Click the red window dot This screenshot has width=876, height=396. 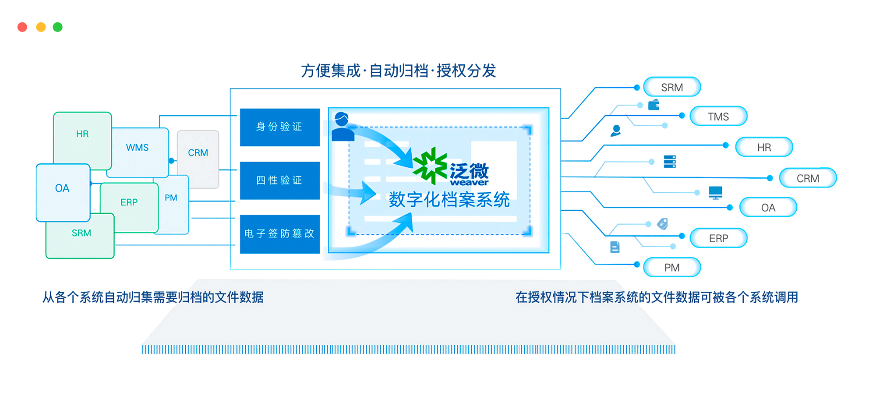pyautogui.click(x=22, y=27)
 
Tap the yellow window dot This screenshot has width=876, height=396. pyautogui.click(x=41, y=27)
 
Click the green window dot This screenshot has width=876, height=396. pyautogui.click(x=58, y=27)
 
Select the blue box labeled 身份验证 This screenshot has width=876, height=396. pyautogui.click(x=279, y=127)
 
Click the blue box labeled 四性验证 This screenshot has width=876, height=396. pyautogui.click(x=279, y=180)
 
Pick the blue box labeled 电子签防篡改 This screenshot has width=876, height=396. pyautogui.click(x=279, y=234)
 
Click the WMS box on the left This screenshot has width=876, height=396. pyautogui.click(x=138, y=148)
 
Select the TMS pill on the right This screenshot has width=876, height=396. pyautogui.click(x=718, y=117)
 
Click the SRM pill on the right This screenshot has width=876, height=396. pyautogui.click(x=672, y=87)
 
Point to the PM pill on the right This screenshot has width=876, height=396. pyautogui.click(x=672, y=268)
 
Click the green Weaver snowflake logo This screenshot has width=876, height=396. pyautogui.click(x=430, y=166)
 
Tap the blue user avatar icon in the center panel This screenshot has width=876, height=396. pyautogui.click(x=343, y=127)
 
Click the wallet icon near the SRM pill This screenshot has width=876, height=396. pyautogui.click(x=654, y=105)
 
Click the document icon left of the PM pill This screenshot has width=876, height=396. pyautogui.click(x=615, y=247)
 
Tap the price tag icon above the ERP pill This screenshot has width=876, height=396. pyautogui.click(x=663, y=224)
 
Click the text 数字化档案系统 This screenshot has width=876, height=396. pyautogui.click(x=449, y=200)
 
